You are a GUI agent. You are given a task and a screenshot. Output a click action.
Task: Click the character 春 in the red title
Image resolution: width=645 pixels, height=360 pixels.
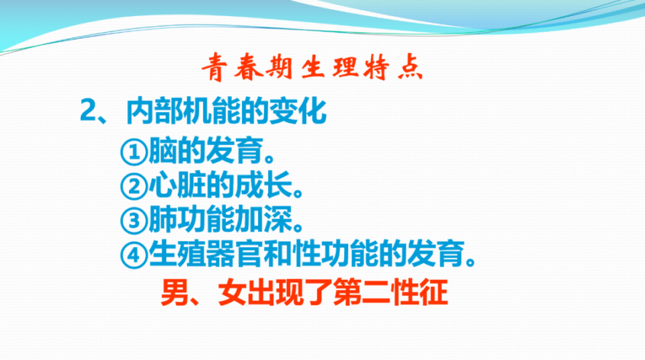(249, 67)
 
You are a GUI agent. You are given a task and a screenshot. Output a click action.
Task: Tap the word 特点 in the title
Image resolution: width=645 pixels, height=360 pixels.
(394, 67)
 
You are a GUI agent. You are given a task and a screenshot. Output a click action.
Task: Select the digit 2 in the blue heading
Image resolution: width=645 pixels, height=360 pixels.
(88, 110)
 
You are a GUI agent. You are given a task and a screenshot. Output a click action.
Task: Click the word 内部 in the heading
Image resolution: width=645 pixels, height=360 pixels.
(154, 111)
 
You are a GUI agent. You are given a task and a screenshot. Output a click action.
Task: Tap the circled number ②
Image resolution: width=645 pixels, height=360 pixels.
(134, 187)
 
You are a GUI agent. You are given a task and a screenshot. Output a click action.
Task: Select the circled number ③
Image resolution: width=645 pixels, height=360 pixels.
(134, 221)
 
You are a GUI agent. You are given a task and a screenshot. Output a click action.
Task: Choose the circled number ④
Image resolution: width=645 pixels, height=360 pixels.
(134, 255)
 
